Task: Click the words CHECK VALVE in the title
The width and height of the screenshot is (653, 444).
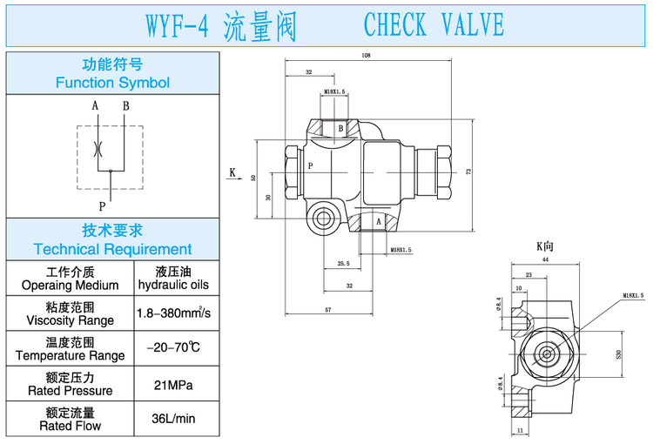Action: point(433,25)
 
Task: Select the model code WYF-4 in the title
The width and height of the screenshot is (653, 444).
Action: point(174,25)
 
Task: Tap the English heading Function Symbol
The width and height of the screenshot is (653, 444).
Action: point(112,84)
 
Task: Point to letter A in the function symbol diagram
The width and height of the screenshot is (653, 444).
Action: point(95,107)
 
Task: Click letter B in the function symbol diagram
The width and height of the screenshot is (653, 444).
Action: point(125,107)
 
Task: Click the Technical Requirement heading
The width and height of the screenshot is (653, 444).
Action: point(112,249)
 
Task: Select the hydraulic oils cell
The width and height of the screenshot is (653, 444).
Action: point(172,285)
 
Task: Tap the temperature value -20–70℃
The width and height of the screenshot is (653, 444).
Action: point(172,347)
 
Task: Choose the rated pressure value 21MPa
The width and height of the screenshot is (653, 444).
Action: point(172,384)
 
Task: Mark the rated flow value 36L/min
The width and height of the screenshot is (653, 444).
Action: point(172,419)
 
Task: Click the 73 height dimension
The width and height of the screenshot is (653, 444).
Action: point(468,172)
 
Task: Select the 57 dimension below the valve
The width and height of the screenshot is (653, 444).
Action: point(329,309)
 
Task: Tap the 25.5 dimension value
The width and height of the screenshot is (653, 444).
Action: point(342,264)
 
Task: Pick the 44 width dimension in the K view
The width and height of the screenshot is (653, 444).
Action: point(546,259)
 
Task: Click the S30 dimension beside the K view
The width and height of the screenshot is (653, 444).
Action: point(620,353)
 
